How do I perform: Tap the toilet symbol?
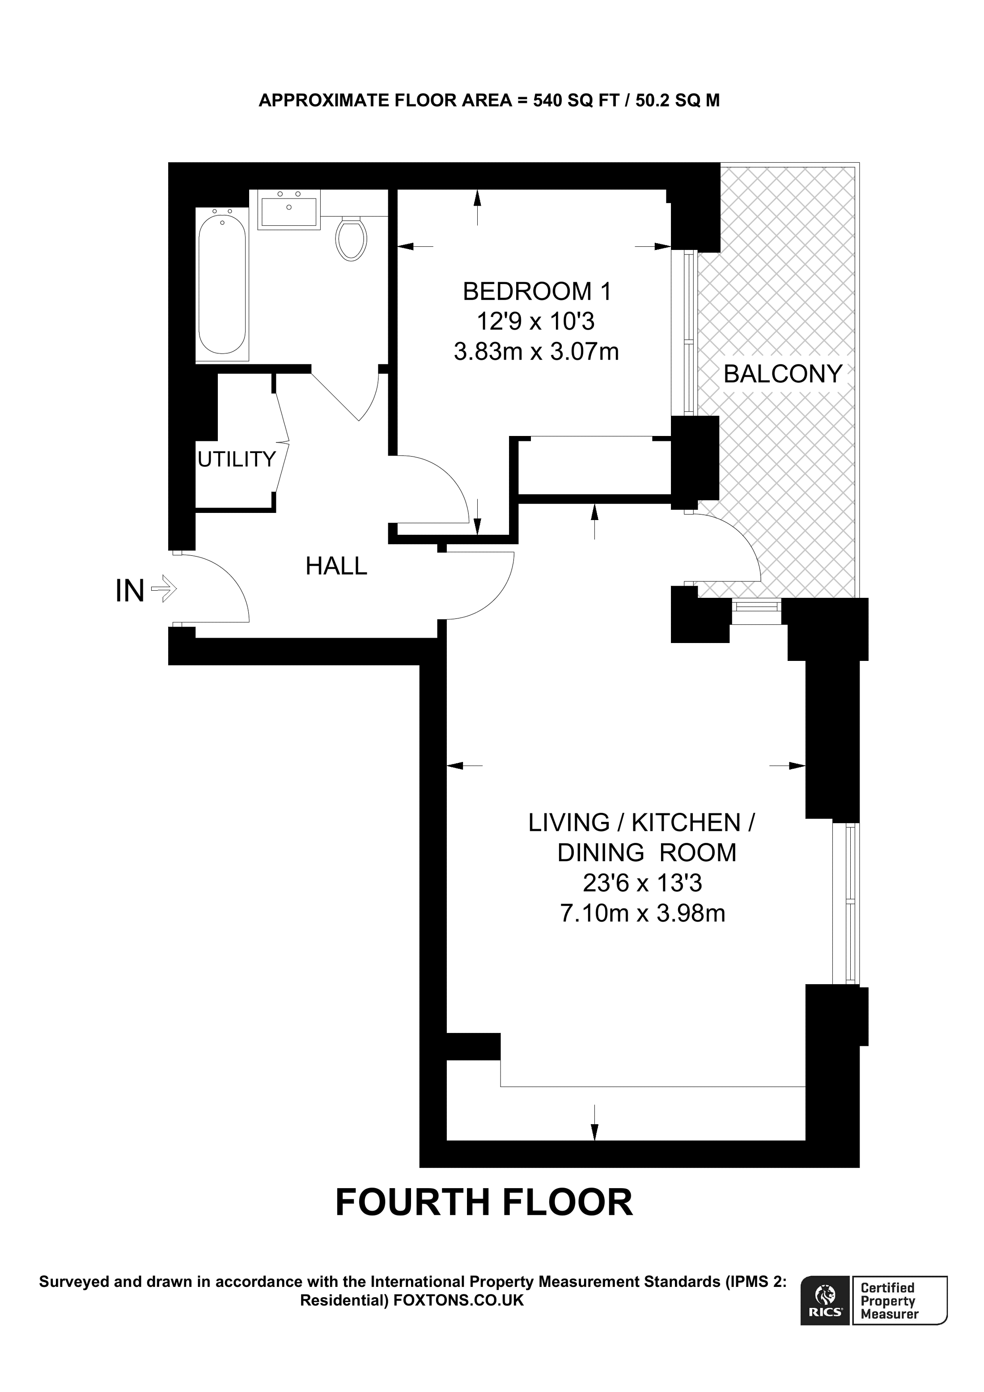(352, 240)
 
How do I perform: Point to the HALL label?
(336, 566)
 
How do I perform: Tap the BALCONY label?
(783, 373)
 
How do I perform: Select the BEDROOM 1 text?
(537, 292)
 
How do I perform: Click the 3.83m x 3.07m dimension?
(537, 351)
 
